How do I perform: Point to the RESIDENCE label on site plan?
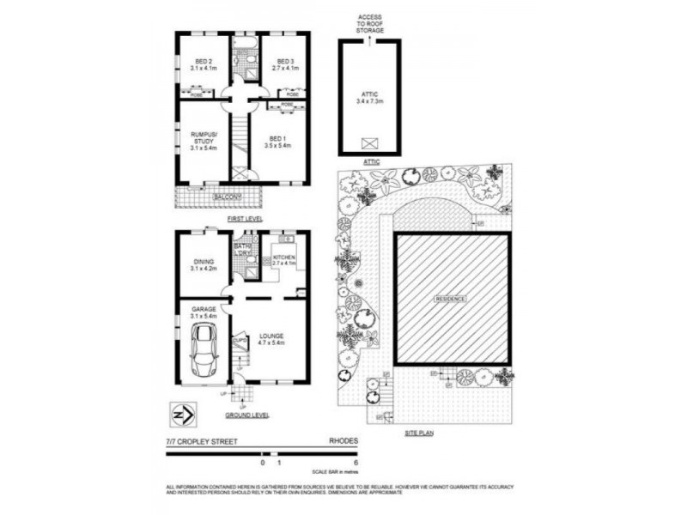(451, 299)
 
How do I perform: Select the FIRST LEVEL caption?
(245, 220)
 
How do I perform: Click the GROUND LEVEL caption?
(247, 415)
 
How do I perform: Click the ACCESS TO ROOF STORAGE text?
(370, 23)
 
